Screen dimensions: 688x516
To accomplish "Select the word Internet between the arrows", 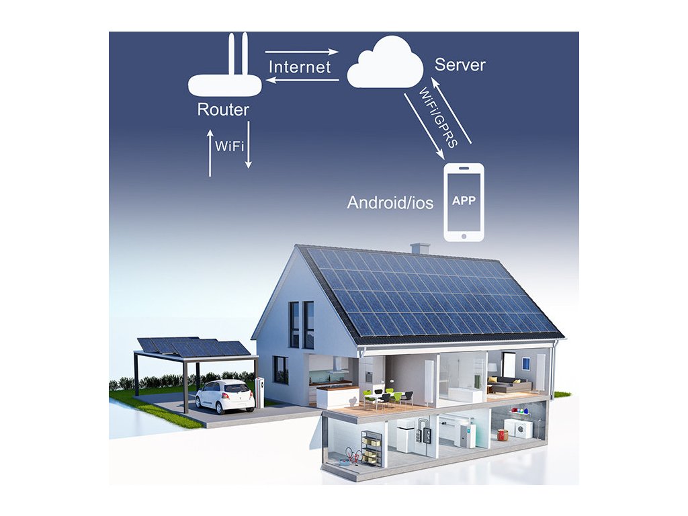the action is tap(300, 67).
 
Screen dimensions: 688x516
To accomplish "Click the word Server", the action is tap(460, 64).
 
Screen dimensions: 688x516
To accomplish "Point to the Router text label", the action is tap(223, 110).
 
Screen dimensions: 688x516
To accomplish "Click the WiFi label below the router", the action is tap(229, 145).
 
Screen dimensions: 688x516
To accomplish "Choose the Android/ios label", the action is tap(390, 202).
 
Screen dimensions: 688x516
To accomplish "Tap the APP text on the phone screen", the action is tap(464, 201).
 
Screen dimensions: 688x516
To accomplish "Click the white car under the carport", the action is tap(224, 396).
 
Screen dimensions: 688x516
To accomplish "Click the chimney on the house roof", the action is tap(420, 249).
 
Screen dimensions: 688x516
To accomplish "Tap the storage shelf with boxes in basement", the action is tap(372, 447).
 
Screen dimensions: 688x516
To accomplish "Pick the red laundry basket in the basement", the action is tap(503, 435).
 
